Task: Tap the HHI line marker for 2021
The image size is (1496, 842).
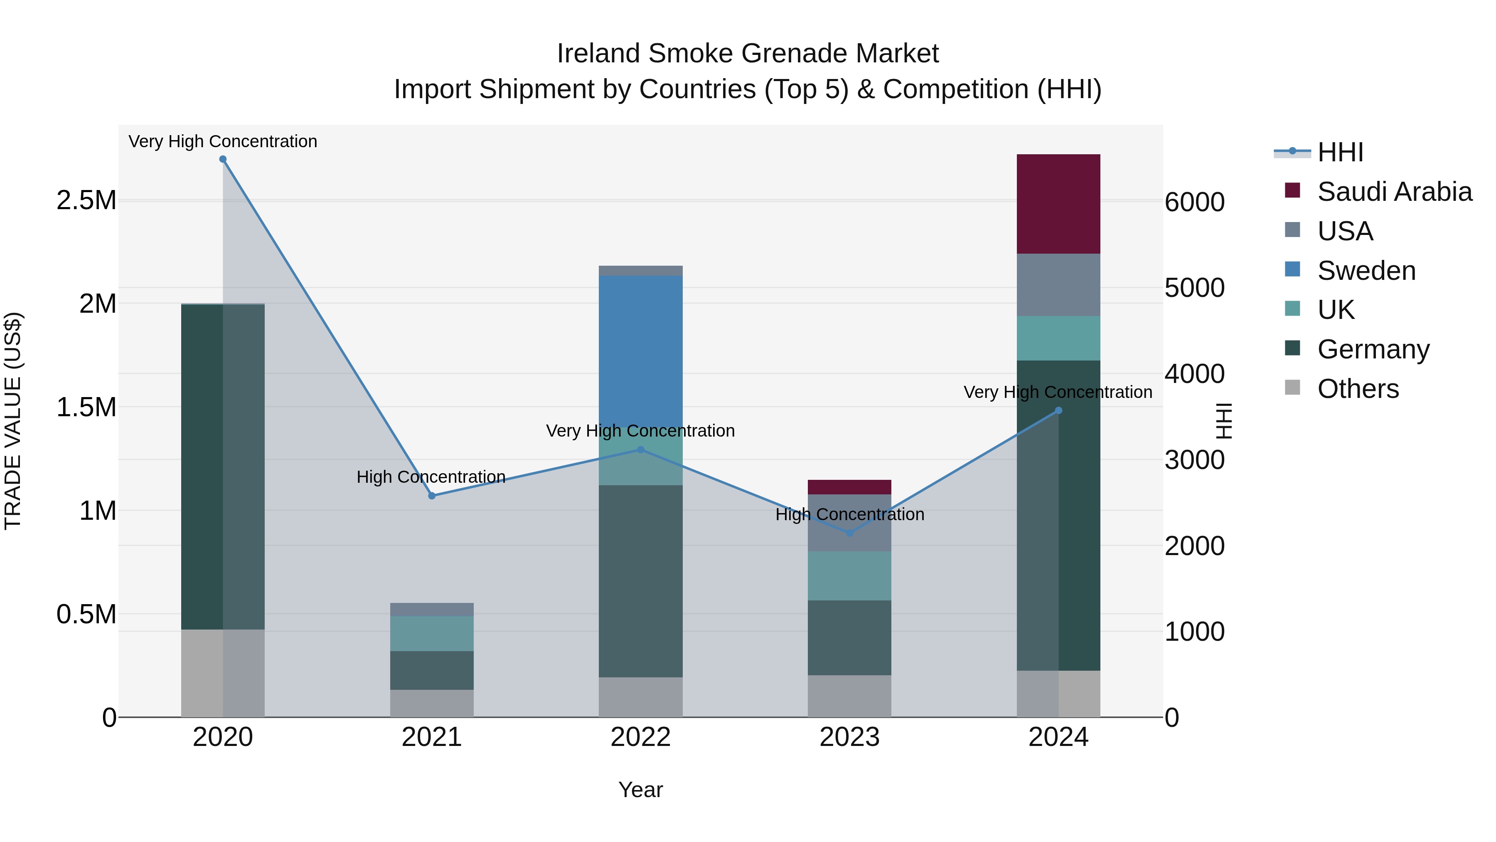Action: [x=431, y=496]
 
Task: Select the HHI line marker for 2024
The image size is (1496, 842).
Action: [x=1058, y=410]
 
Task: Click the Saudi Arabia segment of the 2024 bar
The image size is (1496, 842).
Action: [x=1058, y=204]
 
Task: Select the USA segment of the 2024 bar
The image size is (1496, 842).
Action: [x=1058, y=285]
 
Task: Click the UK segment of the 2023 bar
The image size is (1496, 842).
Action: [x=849, y=575]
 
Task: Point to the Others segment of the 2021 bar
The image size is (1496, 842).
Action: [x=431, y=703]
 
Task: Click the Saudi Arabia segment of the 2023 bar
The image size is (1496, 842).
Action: [x=849, y=487]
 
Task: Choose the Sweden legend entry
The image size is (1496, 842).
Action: [x=1366, y=271]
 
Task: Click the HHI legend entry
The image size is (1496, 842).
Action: [x=1340, y=152]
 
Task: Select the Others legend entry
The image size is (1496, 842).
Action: [x=1358, y=389]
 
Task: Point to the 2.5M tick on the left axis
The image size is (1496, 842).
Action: [x=86, y=200]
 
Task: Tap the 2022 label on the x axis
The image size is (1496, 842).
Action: [x=640, y=737]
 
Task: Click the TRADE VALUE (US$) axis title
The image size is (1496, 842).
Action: [x=13, y=421]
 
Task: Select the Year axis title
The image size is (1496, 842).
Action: [x=640, y=790]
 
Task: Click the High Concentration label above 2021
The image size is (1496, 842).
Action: [x=431, y=477]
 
